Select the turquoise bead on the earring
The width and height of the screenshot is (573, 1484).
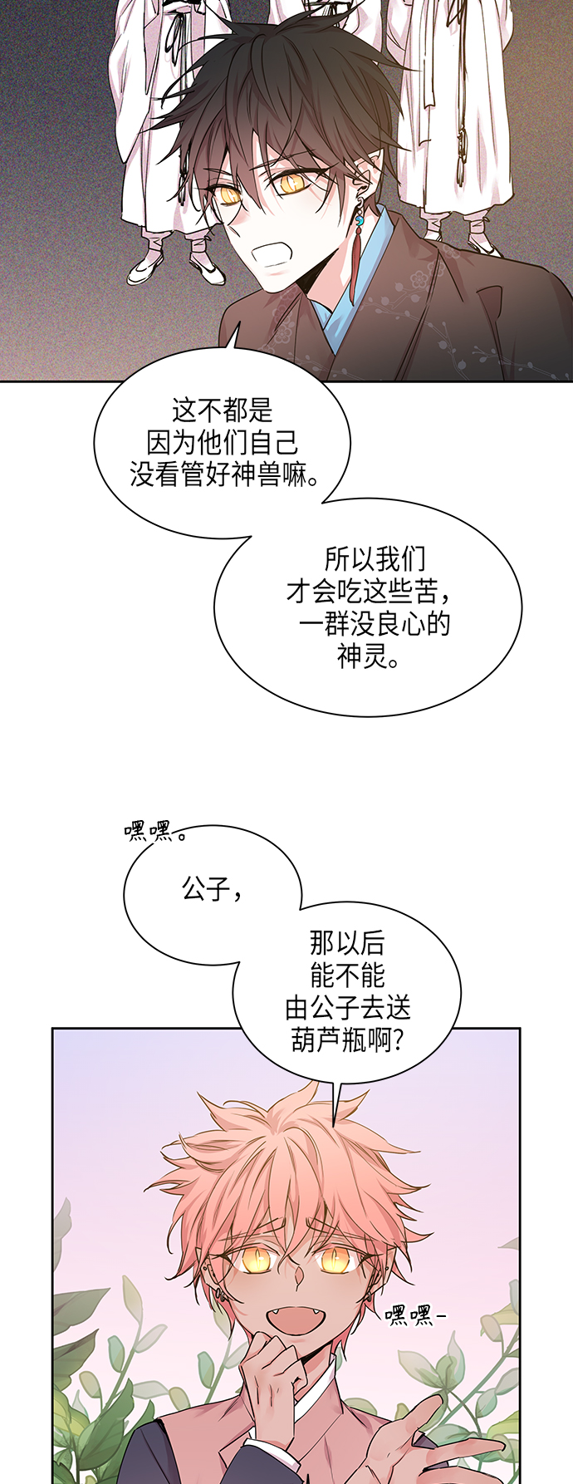[x=360, y=224]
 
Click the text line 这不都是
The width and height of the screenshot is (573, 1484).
[x=222, y=410]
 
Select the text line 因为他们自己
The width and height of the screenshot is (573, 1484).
[x=222, y=443]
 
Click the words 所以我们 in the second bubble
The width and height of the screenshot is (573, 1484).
[x=375, y=558]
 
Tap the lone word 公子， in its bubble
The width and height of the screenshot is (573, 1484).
[x=213, y=890]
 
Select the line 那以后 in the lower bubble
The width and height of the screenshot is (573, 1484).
[x=347, y=943]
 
